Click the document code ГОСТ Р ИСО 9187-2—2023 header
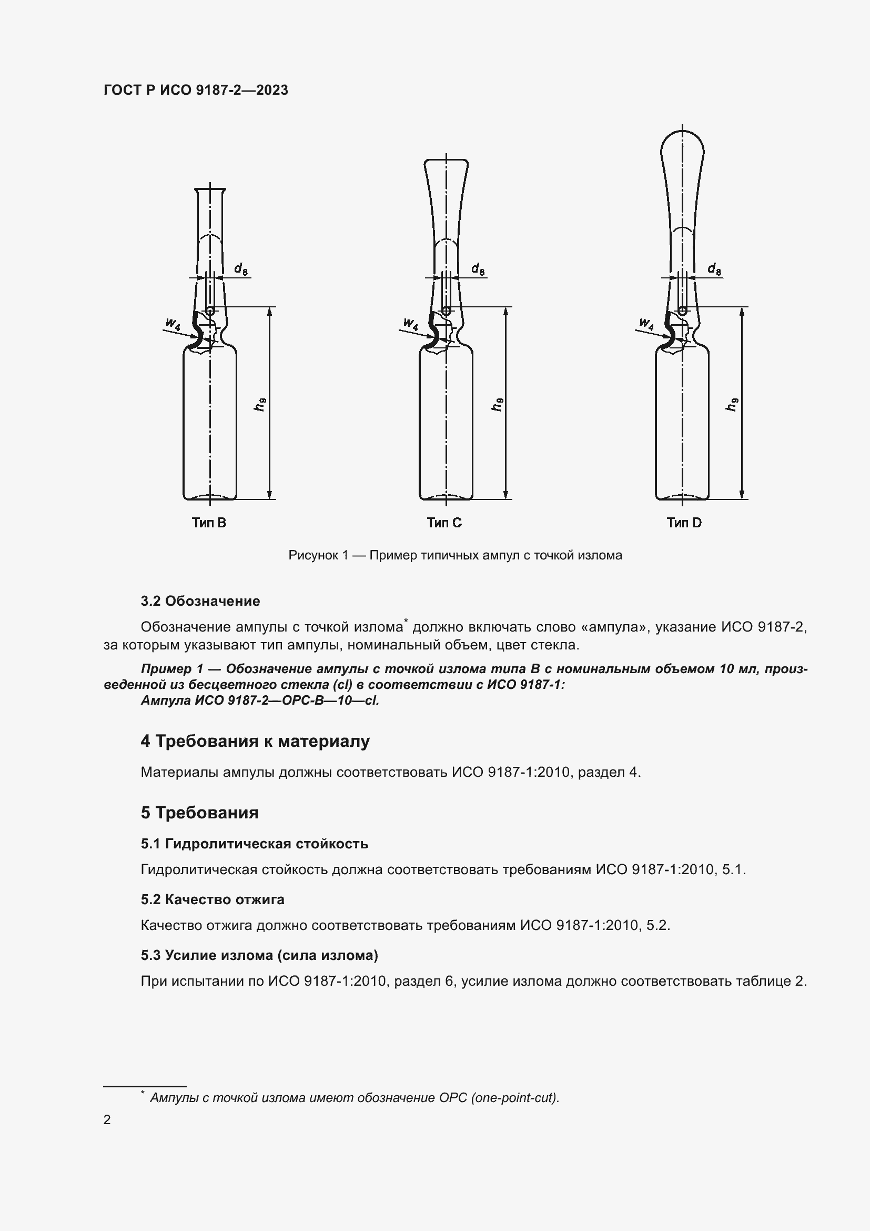tap(196, 90)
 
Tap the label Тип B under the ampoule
tap(209, 523)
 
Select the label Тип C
tap(444, 523)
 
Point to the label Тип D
tap(684, 523)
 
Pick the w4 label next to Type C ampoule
tap(411, 324)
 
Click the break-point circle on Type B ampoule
tap(210, 311)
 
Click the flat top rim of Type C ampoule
tap(446, 160)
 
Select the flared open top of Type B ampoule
tap(210, 189)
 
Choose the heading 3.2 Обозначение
tap(200, 601)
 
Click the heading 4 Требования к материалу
tap(255, 742)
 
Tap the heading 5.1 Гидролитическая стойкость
tap(255, 844)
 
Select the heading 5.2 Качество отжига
tap(212, 899)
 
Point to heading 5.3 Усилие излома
tap(259, 955)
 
